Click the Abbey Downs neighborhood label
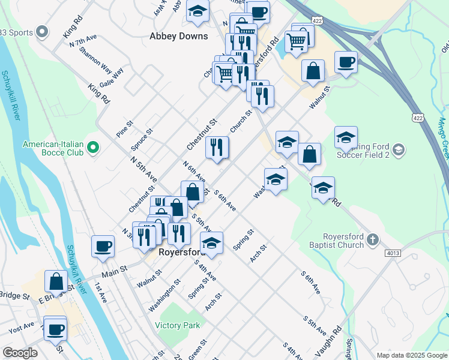point(178,36)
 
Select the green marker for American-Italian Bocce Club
point(93,146)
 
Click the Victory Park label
point(177,325)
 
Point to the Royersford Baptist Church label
point(343,241)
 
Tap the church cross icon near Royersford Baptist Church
point(372,240)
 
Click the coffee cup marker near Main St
point(103,245)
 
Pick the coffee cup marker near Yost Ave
point(56,328)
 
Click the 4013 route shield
point(393,253)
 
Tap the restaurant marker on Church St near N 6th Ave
point(217,148)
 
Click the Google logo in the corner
point(20,353)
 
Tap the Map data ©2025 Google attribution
point(412,355)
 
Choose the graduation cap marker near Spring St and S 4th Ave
point(211,242)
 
